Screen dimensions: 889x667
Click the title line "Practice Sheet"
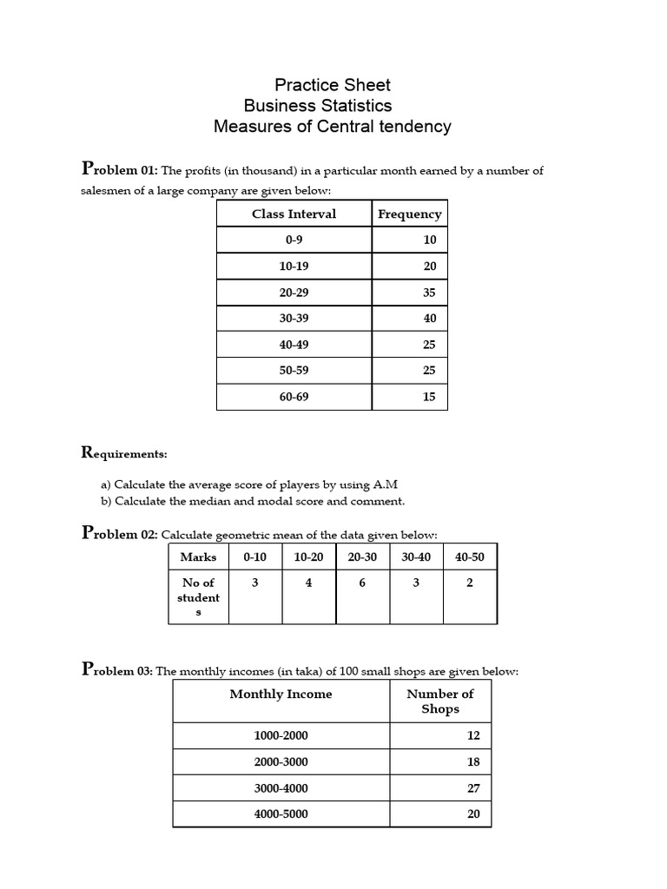coord(333,85)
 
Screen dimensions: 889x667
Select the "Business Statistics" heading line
coord(317,106)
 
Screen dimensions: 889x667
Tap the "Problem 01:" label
coord(119,169)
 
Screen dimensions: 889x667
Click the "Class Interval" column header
coord(294,214)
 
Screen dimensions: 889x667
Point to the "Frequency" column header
coord(409,214)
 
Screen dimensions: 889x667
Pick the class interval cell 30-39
coord(294,318)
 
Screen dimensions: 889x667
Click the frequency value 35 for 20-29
coord(429,293)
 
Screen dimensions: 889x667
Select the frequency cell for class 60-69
coord(429,397)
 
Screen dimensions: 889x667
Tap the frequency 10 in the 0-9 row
coord(429,240)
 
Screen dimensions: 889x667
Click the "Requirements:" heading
coord(124,453)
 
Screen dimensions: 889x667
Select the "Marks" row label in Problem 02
coord(198,556)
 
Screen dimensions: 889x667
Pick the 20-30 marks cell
coord(362,556)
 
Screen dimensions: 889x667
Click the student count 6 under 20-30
coord(362,583)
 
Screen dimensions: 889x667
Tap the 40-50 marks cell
coord(469,556)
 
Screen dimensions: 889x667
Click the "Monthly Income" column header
coord(281,694)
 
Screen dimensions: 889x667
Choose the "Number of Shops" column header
coord(439,701)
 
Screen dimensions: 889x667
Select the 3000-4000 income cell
coord(281,788)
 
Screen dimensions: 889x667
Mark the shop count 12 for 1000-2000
coord(472,735)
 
